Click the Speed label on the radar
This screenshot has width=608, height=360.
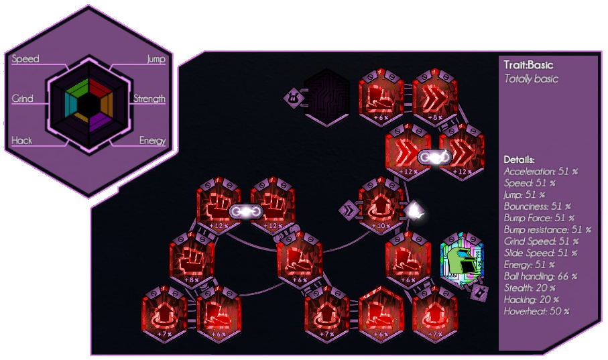(25, 59)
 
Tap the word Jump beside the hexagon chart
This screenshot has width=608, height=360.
(156, 59)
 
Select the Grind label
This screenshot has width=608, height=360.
(22, 99)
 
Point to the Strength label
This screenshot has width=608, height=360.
(149, 99)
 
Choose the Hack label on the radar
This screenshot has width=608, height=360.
(21, 141)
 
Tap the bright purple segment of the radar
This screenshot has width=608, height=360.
(99, 121)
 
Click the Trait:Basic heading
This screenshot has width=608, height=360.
(528, 65)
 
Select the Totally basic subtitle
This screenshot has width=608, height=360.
(531, 78)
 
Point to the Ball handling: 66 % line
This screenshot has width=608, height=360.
(540, 276)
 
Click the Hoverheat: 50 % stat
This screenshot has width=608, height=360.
(536, 311)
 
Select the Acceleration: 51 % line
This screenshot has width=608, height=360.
(540, 172)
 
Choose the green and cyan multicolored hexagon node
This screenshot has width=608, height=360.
(461, 258)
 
